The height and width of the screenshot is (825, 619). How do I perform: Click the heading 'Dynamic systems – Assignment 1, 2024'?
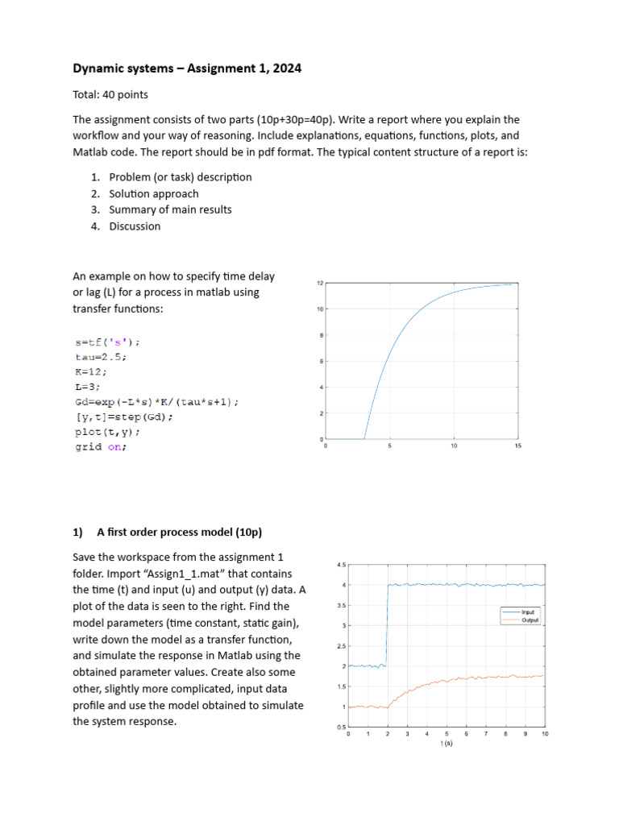point(187,69)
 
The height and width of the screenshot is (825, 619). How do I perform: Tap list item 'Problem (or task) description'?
point(181,177)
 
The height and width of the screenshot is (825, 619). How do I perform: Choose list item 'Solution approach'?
point(154,193)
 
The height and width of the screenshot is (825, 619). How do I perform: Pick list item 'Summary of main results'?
point(170,209)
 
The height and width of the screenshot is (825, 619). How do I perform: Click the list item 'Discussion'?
point(135,226)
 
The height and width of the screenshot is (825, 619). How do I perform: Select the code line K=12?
point(89,371)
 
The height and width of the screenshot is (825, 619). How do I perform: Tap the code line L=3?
point(86,387)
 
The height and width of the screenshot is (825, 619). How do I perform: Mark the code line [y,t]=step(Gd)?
point(123,417)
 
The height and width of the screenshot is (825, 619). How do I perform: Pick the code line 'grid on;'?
point(100,447)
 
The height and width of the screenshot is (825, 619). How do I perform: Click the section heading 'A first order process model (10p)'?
point(179,533)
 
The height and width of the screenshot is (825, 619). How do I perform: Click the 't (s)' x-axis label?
point(446,744)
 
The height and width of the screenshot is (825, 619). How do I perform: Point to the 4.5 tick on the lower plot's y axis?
point(341,565)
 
